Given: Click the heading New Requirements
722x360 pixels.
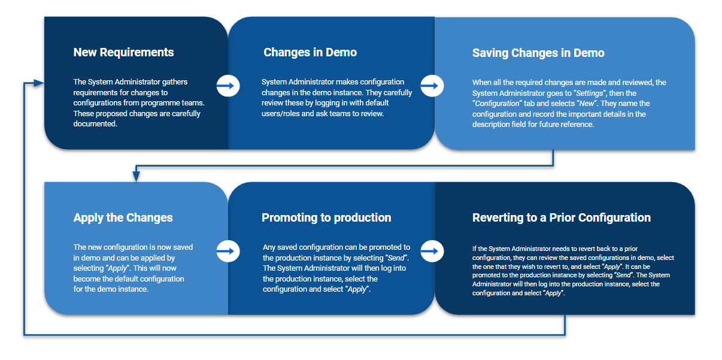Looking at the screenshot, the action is pos(123,52).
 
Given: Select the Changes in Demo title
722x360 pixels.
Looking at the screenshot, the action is pos(310,52).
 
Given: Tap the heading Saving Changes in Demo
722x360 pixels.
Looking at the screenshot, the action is pos(538,53).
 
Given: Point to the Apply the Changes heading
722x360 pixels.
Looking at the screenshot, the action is pos(123,218).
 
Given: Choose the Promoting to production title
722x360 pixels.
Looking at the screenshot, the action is pos(326,218).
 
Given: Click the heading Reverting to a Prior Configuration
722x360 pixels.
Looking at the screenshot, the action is pos(562,218).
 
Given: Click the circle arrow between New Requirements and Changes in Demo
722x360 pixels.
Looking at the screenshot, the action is pos(228,86).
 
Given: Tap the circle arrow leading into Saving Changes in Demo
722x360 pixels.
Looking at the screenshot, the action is pos(432,86).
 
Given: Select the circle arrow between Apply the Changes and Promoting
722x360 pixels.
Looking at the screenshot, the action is pos(228,251).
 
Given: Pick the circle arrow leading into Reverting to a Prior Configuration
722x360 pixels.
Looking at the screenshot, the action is pos(432,251).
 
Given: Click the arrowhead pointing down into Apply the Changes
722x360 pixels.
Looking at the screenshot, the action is pos(136,176).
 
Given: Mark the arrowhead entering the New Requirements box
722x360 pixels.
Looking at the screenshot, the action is pos(39,83).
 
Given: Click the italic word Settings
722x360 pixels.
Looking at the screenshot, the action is pos(589,93).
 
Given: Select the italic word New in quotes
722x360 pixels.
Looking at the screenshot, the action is pos(586,104).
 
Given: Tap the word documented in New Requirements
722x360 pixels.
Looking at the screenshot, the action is pos(95,124).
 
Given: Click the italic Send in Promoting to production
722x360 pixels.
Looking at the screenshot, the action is pos(396,258).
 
